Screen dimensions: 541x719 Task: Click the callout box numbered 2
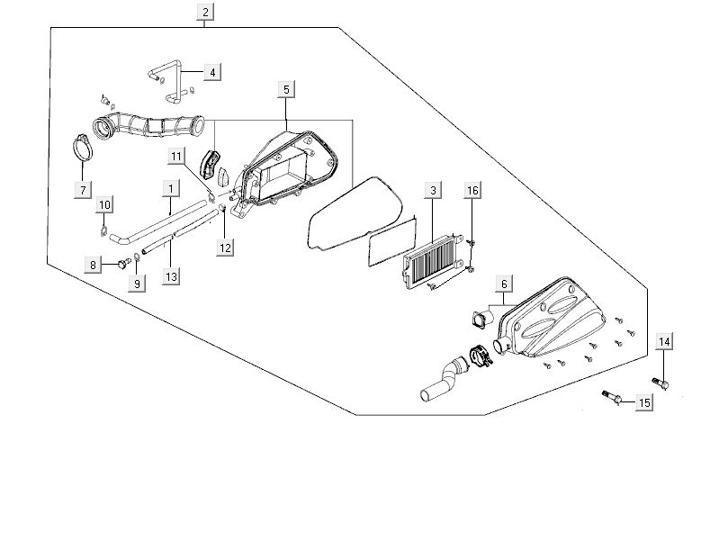[x=206, y=12]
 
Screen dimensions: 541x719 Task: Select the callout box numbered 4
[x=212, y=72]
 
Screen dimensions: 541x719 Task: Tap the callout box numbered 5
[x=285, y=89]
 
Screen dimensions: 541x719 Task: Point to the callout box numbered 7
[x=83, y=190]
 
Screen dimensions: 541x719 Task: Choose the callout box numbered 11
[x=177, y=157]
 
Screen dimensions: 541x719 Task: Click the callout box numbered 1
[x=169, y=188]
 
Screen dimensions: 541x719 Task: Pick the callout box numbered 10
[x=104, y=205]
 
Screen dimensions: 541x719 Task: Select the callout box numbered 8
[x=92, y=265]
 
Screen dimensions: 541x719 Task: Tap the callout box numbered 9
[x=138, y=284]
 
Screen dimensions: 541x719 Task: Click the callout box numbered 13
[x=170, y=277]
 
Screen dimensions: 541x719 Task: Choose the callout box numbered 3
[x=434, y=191]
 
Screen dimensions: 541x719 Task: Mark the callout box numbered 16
[x=472, y=191]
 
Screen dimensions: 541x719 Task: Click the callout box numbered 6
[x=504, y=284]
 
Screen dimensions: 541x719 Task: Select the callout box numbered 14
[x=664, y=341]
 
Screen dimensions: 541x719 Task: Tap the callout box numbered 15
[x=644, y=403]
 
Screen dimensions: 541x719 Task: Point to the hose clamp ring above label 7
[x=83, y=148]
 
